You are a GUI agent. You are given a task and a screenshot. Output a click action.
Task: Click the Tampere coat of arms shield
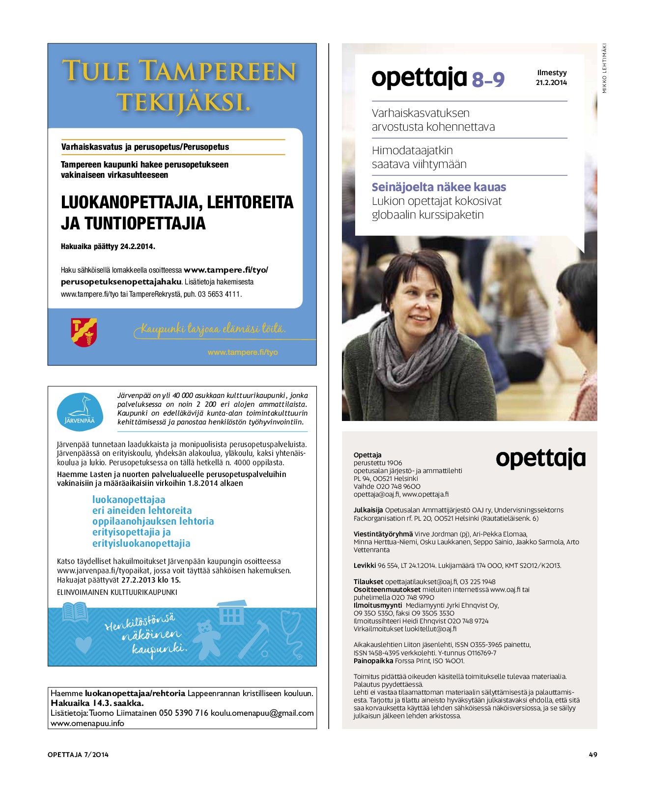pyautogui.click(x=84, y=332)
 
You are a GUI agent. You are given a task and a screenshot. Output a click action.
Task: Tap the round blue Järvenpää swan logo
pyautogui.click(x=80, y=411)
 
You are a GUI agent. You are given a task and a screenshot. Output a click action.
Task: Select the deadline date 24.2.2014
pyautogui.click(x=137, y=247)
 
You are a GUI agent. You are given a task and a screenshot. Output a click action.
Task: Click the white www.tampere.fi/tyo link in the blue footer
pyautogui.click(x=243, y=352)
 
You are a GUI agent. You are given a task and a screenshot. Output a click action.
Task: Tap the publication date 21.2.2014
pyautogui.click(x=551, y=83)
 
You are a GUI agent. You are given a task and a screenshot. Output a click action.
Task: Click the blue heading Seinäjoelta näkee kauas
pyautogui.click(x=439, y=187)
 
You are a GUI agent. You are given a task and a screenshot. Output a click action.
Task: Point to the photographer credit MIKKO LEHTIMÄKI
pyautogui.click(x=605, y=68)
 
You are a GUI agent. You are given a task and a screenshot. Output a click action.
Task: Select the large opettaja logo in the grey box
pyautogui.click(x=540, y=458)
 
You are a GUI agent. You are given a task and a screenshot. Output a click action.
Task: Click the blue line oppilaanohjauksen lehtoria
pyautogui.click(x=153, y=521)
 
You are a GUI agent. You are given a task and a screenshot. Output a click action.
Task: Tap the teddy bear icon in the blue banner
pyautogui.click(x=206, y=639)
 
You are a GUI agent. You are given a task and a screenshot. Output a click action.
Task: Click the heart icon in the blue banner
pyautogui.click(x=83, y=644)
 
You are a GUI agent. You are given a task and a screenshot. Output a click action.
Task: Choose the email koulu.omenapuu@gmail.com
pyautogui.click(x=262, y=713)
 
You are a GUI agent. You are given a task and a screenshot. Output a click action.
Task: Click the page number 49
pyautogui.click(x=593, y=755)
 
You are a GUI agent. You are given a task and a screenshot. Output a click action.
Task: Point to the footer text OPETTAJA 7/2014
pyautogui.click(x=78, y=755)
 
